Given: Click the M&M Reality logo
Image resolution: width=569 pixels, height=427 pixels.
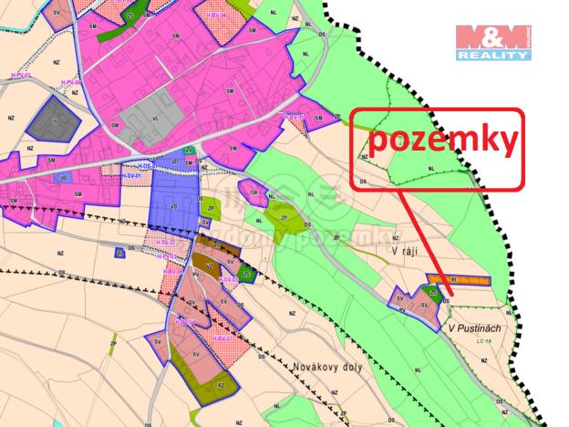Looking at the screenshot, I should (x=492, y=42).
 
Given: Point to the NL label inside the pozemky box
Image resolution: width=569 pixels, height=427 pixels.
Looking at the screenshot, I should (x=431, y=170).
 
